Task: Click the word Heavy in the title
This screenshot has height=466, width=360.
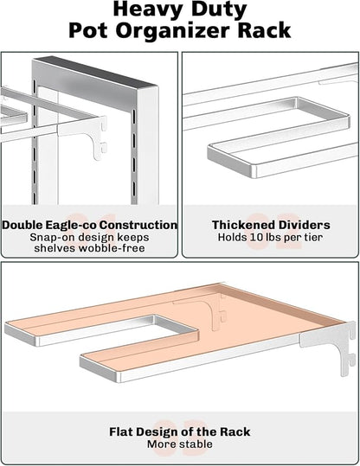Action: [147, 10]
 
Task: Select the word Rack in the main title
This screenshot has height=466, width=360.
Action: [264, 30]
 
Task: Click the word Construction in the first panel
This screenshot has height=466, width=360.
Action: [138, 225]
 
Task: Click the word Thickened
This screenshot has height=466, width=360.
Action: [237, 225]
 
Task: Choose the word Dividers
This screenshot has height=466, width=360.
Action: [299, 225]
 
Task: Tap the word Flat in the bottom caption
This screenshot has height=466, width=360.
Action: [121, 431]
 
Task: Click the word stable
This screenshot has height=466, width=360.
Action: [195, 444]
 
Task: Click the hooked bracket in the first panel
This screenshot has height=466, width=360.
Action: [99, 137]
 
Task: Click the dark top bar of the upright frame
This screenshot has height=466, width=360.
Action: [95, 72]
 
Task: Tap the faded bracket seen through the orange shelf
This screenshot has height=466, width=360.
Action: [205, 310]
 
